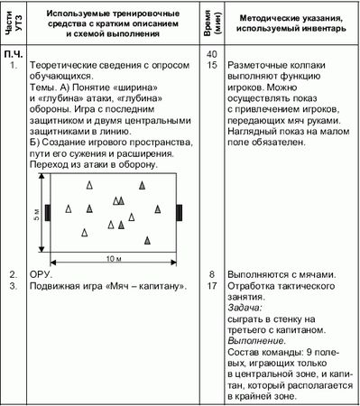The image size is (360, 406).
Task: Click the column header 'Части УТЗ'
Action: pos(12,28)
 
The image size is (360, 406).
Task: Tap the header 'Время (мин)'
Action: pos(209,28)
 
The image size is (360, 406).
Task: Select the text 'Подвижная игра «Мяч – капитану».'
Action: pos(107,286)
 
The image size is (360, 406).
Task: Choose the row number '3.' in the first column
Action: pos(14,286)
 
